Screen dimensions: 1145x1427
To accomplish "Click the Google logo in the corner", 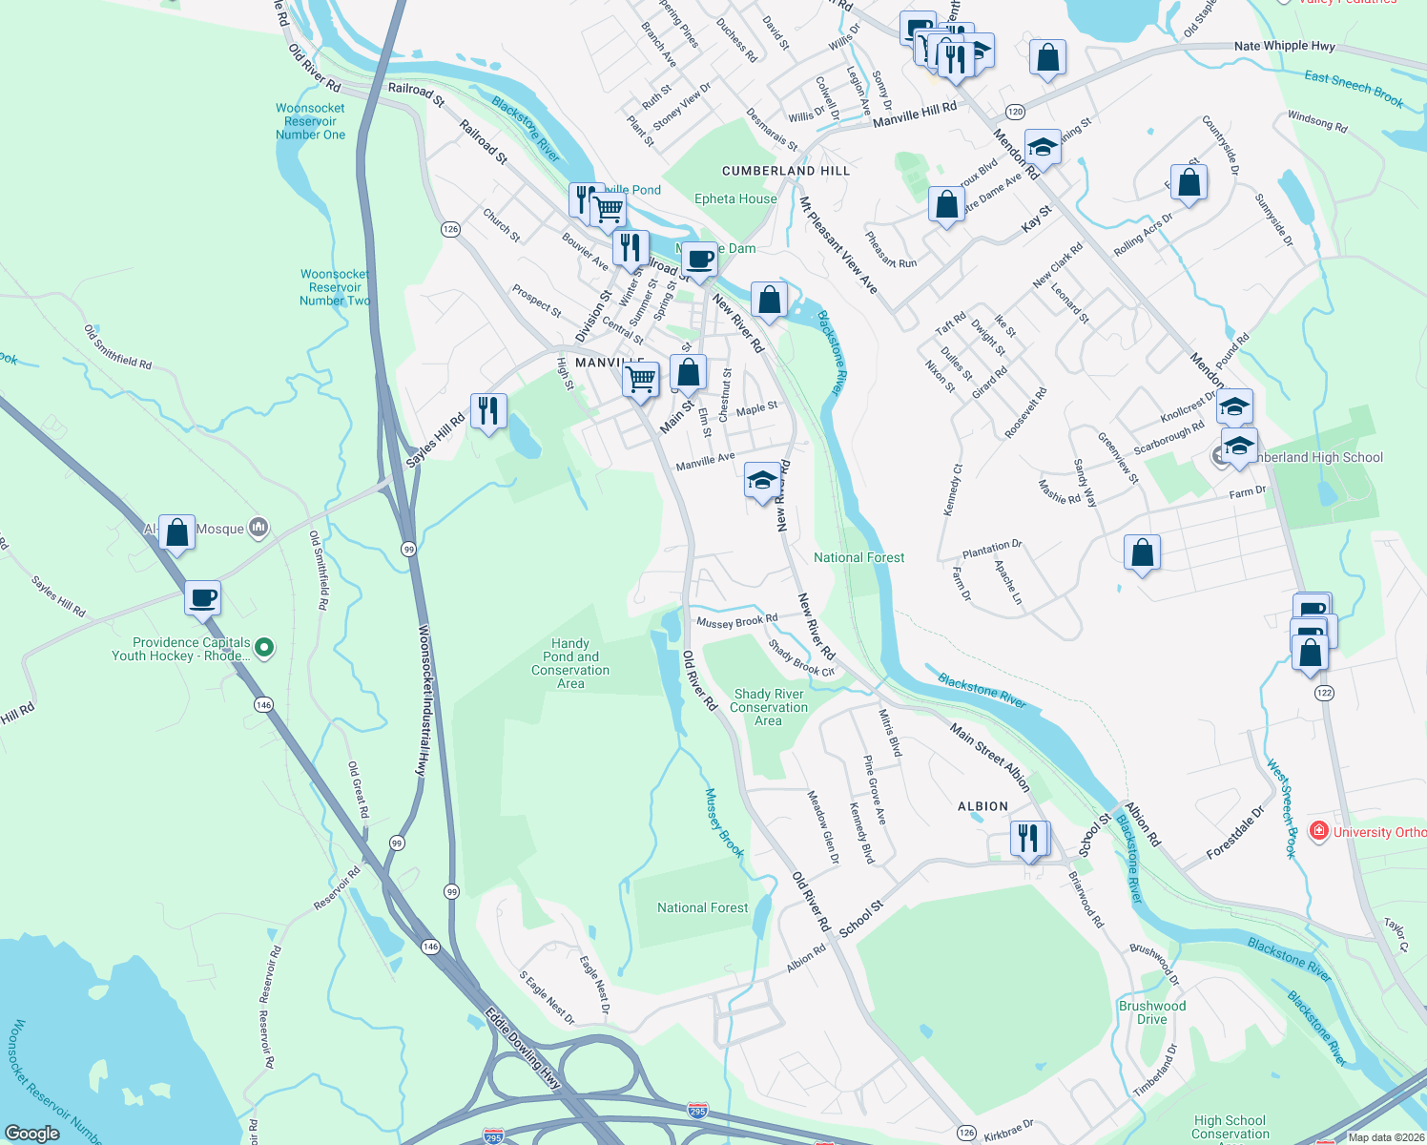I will point(31,1133).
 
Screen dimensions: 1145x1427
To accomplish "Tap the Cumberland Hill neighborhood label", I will point(785,171).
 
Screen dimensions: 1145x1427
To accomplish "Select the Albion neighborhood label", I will point(982,806).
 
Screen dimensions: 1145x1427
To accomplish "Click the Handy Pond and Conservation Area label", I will point(570,663).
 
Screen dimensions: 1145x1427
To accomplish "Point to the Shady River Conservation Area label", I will point(769,707).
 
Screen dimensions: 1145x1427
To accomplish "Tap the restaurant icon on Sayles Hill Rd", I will point(488,411).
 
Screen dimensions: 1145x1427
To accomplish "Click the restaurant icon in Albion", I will point(1027,839).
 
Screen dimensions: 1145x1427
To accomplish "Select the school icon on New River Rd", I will point(761,480).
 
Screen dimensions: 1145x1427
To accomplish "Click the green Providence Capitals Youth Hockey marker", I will point(265,648).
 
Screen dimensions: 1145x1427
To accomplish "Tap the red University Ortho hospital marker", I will point(1318,831).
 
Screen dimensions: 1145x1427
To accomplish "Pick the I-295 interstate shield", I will point(697,1111).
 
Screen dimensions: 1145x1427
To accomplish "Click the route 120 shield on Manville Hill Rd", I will point(1015,112).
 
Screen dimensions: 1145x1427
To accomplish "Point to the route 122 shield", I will point(1323,692).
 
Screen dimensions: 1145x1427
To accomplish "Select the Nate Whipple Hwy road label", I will point(1284,46).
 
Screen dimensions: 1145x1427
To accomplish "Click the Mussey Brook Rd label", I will point(736,621).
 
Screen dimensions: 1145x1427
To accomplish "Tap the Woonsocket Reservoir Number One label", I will point(310,121).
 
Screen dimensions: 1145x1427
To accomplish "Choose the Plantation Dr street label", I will point(992,549).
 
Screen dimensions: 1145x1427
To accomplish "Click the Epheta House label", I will point(735,198).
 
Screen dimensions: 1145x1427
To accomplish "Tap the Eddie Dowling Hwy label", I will point(522,1048).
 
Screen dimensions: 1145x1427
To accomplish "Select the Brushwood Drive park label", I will point(1152,1012).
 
